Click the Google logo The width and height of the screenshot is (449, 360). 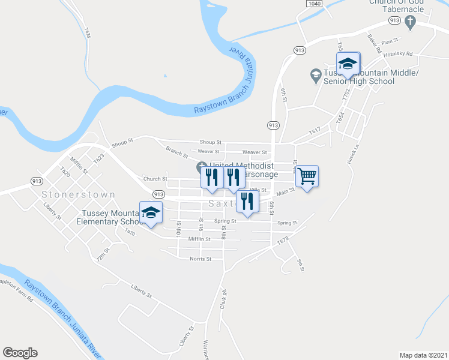(20, 353)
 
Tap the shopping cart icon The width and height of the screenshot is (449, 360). (307, 176)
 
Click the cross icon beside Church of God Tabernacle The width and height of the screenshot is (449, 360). (410, 23)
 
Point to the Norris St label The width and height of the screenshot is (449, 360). (200, 259)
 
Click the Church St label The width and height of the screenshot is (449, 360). (155, 179)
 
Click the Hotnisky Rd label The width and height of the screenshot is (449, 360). (400, 53)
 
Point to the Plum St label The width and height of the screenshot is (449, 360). (390, 41)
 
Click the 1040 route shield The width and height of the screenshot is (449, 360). (313, 4)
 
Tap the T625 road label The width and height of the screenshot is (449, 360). (88, 31)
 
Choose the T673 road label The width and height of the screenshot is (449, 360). (283, 240)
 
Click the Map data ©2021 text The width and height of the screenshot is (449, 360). (423, 355)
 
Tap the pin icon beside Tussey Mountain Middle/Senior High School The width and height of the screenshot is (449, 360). (315, 74)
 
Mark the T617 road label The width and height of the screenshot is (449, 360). (316, 130)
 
